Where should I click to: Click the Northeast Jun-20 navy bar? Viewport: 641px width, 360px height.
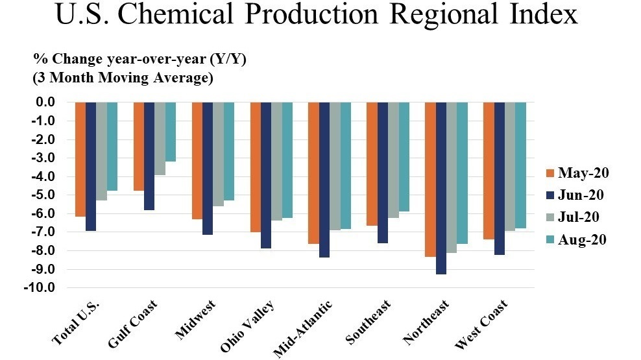[x=441, y=188]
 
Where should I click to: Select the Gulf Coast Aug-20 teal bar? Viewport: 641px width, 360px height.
[x=171, y=132]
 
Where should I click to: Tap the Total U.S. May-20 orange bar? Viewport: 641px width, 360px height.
[x=80, y=159]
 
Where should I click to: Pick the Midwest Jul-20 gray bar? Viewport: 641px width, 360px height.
[x=218, y=154]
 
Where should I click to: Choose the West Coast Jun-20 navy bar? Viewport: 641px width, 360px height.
[x=499, y=178]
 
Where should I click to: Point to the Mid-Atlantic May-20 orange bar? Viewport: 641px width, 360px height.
[x=313, y=173]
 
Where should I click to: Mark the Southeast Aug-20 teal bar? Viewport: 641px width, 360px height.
[x=404, y=157]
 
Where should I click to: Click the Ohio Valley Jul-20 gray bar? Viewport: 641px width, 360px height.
[x=276, y=162]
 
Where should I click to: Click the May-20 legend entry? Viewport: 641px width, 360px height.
[x=577, y=173]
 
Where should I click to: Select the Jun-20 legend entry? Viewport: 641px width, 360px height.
[x=575, y=195]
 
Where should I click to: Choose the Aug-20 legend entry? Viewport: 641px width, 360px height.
[x=576, y=239]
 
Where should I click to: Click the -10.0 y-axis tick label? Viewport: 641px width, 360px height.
[x=40, y=287]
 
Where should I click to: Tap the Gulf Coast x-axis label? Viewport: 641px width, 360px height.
[x=132, y=324]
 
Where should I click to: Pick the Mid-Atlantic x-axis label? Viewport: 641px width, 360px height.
[x=302, y=329]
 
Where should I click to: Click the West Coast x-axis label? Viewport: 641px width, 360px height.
[x=481, y=324]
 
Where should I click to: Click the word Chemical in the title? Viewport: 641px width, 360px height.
[x=177, y=14]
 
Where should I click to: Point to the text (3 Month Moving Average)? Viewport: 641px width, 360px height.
[x=123, y=78]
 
